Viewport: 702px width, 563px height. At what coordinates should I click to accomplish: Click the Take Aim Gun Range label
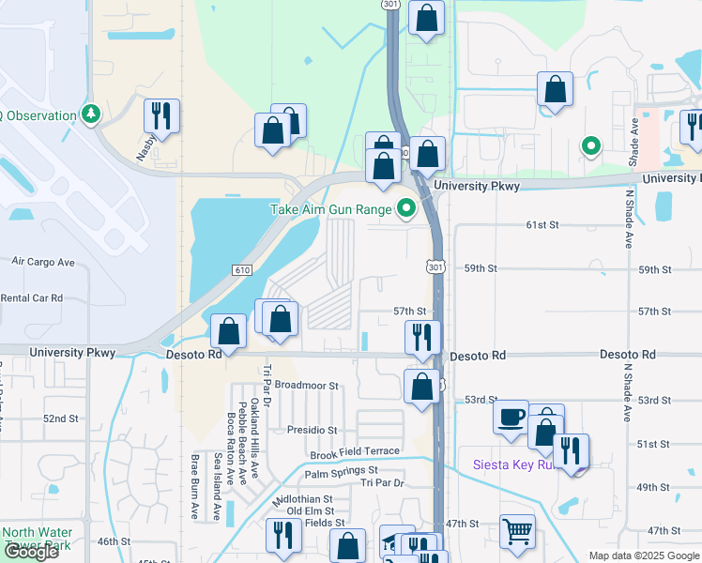coord(329,209)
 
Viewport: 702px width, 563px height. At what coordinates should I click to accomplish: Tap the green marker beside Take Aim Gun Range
coord(405,209)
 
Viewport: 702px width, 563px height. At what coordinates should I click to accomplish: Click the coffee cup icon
coord(511,416)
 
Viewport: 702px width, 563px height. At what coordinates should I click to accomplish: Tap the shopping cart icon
coord(517,532)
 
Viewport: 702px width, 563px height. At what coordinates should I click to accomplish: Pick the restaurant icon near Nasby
coord(161,116)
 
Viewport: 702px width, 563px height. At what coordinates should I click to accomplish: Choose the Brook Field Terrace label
coord(355,452)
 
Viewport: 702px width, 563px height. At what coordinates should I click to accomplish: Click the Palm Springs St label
coord(341,470)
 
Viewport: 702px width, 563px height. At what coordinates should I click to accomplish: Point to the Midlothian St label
coord(302,499)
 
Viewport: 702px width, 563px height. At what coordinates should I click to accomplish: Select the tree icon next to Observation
coord(91,115)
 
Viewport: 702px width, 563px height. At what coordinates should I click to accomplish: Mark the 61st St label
coord(542,225)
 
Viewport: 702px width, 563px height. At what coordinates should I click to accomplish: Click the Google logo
coord(31,552)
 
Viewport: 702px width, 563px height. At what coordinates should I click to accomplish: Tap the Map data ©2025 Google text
coord(643,555)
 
